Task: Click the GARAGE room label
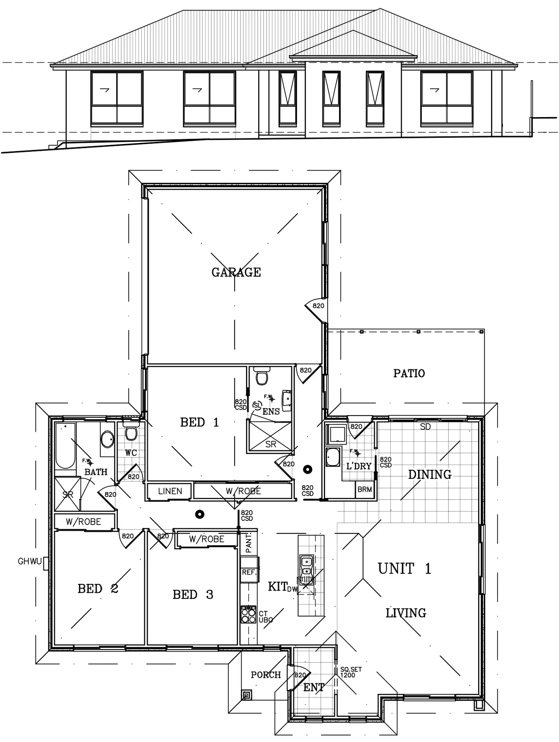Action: (x=236, y=272)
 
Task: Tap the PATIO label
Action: (x=409, y=373)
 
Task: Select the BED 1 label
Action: (x=199, y=422)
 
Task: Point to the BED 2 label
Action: (x=98, y=588)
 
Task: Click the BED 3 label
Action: (x=193, y=595)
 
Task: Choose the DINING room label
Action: (x=430, y=474)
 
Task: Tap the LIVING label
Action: (x=406, y=613)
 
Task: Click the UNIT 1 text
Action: (x=404, y=569)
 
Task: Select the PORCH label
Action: (x=266, y=675)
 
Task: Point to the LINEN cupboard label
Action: (x=170, y=491)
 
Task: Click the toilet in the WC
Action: (x=131, y=433)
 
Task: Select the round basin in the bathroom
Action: (x=107, y=439)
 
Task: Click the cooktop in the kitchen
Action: (x=249, y=615)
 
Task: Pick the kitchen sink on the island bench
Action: (x=306, y=566)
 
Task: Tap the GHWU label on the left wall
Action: (x=30, y=561)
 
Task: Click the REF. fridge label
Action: (x=249, y=572)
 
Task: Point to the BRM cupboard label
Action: (x=365, y=489)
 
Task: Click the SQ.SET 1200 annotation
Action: (x=351, y=672)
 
